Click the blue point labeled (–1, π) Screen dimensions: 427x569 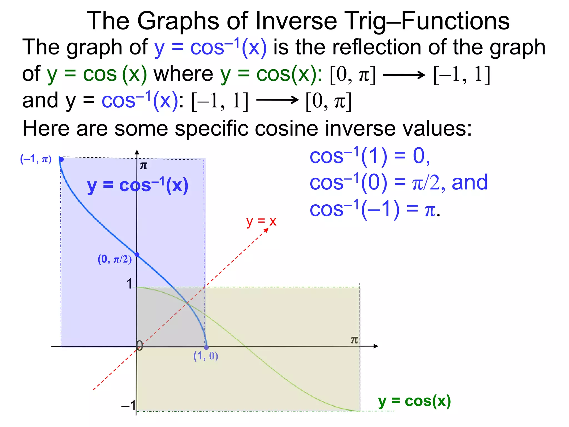click(x=61, y=159)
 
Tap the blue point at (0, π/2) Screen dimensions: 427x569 click(x=137, y=254)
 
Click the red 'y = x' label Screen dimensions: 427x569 click(x=261, y=222)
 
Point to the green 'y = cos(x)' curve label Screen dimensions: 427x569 click(x=414, y=401)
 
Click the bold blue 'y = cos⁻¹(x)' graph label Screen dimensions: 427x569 click(x=138, y=185)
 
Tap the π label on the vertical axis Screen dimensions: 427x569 click(x=143, y=166)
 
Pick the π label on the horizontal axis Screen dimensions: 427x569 click(x=354, y=340)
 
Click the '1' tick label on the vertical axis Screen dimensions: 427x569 click(x=129, y=284)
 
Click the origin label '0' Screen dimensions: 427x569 click(x=140, y=346)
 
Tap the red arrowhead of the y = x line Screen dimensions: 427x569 click(x=266, y=230)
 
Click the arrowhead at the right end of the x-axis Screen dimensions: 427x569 click(x=376, y=346)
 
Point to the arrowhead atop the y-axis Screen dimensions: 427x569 click(x=137, y=152)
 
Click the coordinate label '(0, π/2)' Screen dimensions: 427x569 click(x=114, y=259)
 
